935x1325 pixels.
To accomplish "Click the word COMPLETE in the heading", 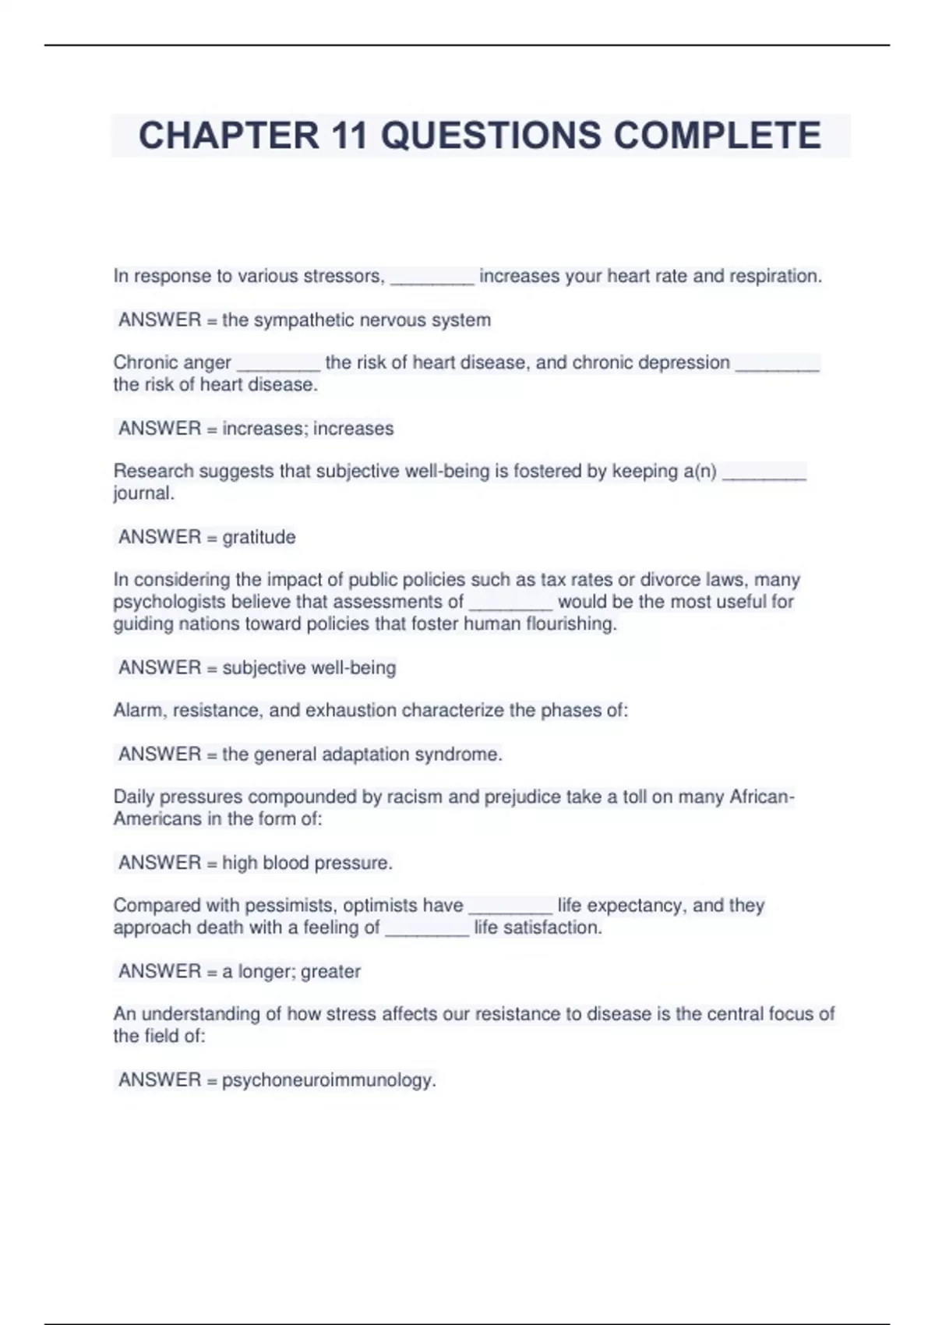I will tap(717, 136).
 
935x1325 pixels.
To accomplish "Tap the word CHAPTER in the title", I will tap(228, 136).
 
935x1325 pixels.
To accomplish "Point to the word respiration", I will tap(775, 276).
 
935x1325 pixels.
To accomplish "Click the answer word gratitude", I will tap(259, 537).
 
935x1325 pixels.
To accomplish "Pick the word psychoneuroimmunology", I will tap(329, 1080).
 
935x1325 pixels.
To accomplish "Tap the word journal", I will tap(143, 493).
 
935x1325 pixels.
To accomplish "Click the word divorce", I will tap(670, 580).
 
